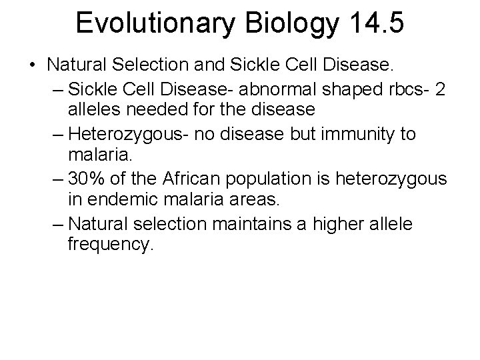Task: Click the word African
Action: [x=197, y=179]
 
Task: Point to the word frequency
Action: [x=111, y=246]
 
